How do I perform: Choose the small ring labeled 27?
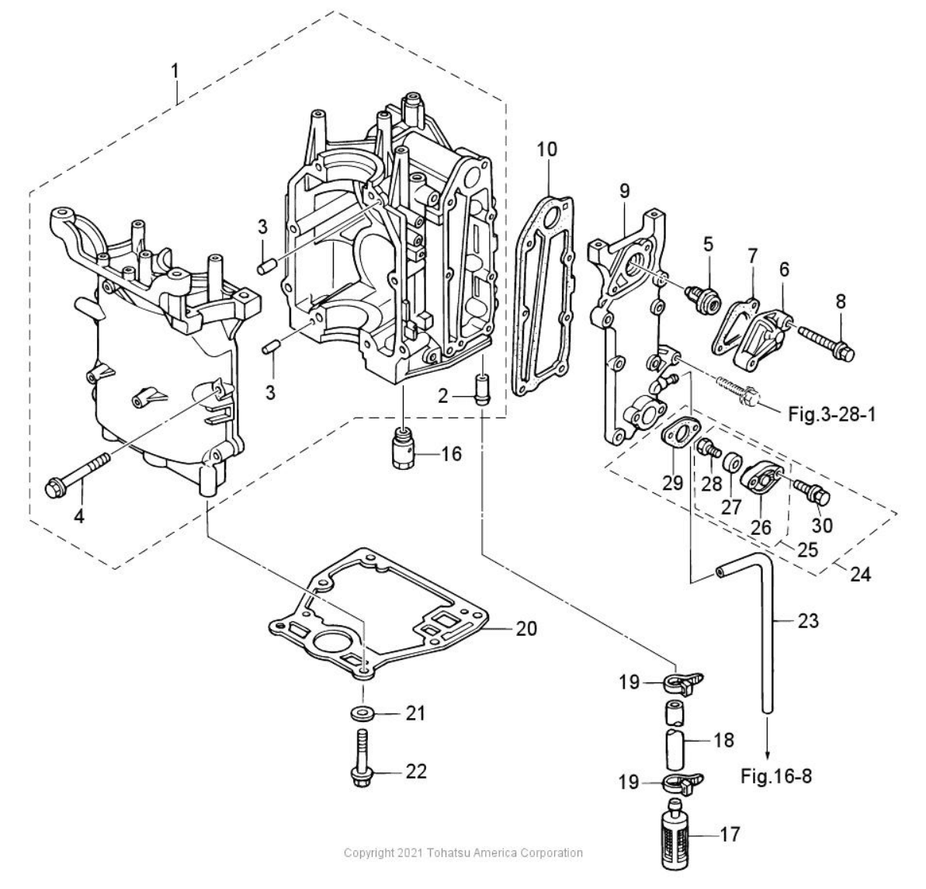point(730,465)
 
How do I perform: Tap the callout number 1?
point(175,71)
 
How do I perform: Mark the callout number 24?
point(860,575)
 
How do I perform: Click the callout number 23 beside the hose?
point(807,621)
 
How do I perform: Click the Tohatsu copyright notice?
point(463,853)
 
